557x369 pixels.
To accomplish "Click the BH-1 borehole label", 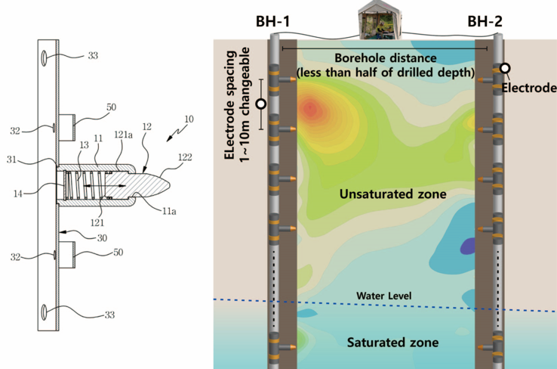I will (272, 20).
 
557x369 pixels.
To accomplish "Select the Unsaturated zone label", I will (392, 194).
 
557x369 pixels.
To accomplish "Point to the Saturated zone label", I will (392, 343).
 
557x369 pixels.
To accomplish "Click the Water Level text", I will (386, 295).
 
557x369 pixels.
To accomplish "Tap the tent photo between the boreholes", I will (378, 20).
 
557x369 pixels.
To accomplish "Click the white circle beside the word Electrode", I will (505, 69).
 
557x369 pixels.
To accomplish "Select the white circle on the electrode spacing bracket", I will (261, 104).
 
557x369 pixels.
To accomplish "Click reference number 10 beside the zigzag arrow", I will (188, 119).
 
